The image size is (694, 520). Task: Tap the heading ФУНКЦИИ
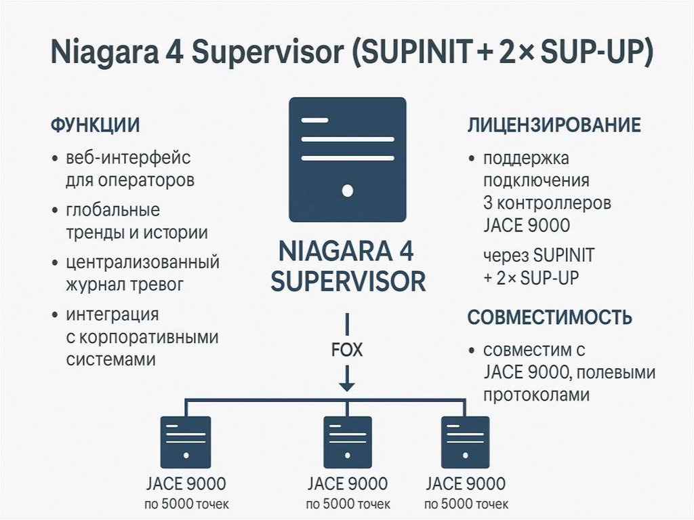click(96, 126)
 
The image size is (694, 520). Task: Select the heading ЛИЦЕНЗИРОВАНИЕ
click(554, 126)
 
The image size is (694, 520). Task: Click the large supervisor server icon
click(347, 159)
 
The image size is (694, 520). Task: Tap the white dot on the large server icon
click(348, 191)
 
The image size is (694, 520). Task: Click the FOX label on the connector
click(346, 351)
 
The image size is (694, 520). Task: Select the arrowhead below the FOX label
click(347, 385)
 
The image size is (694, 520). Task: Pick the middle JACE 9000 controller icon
click(347, 441)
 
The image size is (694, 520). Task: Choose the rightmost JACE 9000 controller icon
click(465, 441)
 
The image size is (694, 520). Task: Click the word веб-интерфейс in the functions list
click(128, 159)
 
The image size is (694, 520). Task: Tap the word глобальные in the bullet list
click(113, 209)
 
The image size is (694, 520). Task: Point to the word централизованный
click(142, 262)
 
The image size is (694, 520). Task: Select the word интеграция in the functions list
click(113, 315)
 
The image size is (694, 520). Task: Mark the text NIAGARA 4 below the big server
click(346, 252)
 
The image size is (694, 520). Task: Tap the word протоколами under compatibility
click(536, 395)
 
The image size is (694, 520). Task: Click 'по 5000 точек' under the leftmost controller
click(186, 505)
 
